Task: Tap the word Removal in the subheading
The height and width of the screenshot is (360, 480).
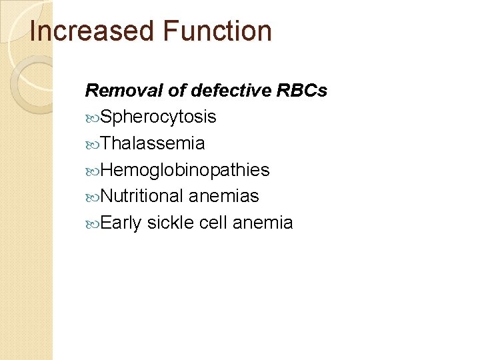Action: point(115,90)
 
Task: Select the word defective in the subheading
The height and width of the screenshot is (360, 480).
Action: point(225,90)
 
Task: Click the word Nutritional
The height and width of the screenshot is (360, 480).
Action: point(143,196)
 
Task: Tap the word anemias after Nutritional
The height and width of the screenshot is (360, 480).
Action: point(224,196)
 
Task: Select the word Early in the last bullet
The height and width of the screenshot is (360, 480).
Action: point(121,223)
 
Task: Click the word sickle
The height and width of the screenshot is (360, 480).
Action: point(171,223)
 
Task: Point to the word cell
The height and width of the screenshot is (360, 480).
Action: point(213,223)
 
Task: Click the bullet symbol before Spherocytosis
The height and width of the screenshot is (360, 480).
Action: point(93,118)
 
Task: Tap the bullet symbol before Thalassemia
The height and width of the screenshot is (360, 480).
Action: point(93,144)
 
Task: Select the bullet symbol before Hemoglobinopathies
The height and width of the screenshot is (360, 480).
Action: point(93,171)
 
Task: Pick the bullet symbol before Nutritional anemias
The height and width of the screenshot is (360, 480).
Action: point(93,197)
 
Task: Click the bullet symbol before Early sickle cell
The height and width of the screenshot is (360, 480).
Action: point(93,223)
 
